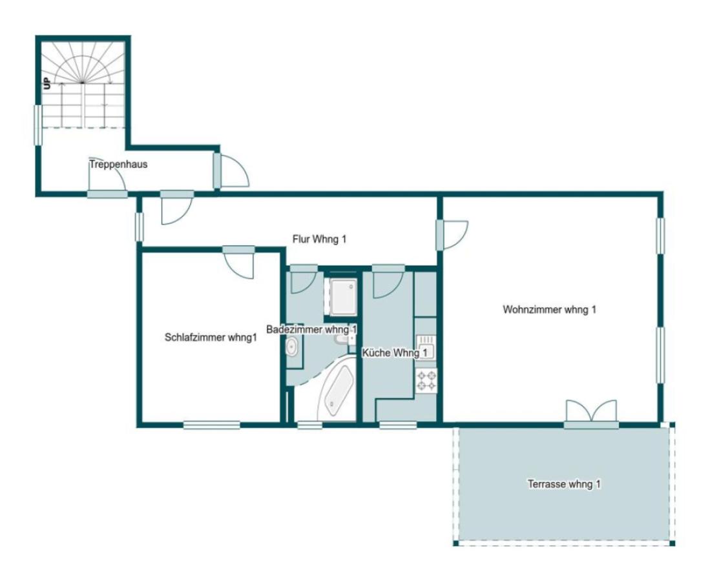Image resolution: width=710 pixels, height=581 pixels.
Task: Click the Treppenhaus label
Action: coord(118,164)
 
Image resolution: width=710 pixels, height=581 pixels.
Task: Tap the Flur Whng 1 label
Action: coord(319,239)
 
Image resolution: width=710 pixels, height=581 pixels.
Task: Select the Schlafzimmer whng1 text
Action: coord(211,338)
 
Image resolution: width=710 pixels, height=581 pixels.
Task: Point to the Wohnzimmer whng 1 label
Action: coord(549,309)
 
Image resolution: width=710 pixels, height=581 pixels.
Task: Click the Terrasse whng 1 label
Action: coord(564,484)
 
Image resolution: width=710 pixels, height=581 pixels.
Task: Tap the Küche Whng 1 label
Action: coord(395,352)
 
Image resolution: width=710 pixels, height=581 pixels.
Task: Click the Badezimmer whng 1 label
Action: coord(311,329)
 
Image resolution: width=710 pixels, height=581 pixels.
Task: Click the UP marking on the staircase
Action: coord(47,84)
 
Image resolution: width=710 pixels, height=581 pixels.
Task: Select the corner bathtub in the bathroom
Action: coord(337,390)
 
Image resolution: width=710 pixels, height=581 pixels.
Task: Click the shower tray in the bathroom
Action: coord(343,296)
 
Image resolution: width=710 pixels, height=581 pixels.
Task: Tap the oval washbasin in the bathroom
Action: coord(291,347)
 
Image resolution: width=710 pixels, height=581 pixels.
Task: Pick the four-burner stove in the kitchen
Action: coord(426,380)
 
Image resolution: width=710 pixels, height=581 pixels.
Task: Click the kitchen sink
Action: coord(426,347)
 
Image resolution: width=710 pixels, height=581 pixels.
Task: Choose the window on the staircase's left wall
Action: coord(39,125)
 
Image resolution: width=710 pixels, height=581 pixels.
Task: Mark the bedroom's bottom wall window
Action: coord(211,425)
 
